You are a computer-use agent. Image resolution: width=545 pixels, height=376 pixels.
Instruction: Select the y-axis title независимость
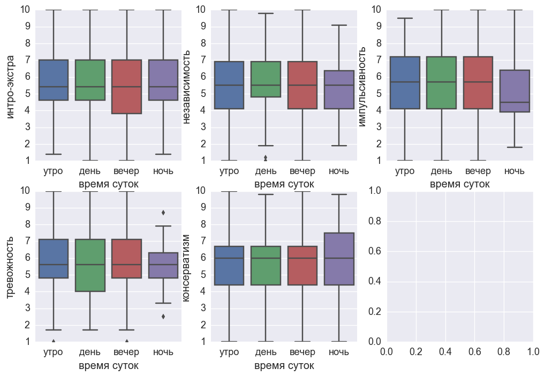(187, 86)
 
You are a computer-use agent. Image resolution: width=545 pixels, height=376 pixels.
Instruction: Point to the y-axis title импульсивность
(362, 86)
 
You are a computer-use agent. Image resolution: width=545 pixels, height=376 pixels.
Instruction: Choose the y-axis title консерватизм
(187, 266)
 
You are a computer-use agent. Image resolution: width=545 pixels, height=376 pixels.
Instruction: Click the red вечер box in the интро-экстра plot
(126, 87)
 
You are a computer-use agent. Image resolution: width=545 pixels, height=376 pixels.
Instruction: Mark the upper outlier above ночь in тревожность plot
(163, 213)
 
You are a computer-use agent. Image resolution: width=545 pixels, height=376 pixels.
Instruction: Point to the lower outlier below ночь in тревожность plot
(163, 317)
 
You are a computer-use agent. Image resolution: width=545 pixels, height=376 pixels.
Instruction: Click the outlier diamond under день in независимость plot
(266, 158)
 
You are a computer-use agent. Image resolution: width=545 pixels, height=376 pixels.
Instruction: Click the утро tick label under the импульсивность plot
(405, 171)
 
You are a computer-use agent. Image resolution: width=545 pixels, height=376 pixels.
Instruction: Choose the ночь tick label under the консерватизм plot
(339, 352)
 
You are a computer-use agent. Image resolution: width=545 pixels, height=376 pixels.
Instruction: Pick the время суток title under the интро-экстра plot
(108, 184)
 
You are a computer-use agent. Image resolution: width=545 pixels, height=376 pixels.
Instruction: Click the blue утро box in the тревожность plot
(54, 259)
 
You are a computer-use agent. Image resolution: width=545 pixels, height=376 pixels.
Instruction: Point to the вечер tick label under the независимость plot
(302, 171)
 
